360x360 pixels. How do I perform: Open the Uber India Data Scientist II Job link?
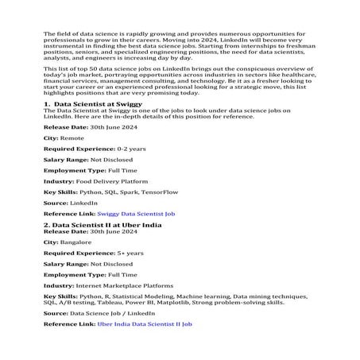click(x=144, y=323)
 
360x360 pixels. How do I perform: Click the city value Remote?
click(x=72, y=137)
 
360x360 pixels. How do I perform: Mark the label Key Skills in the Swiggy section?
click(x=60, y=192)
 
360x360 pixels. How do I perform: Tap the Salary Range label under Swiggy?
click(x=67, y=159)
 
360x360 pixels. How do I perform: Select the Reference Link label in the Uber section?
click(x=68, y=323)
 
